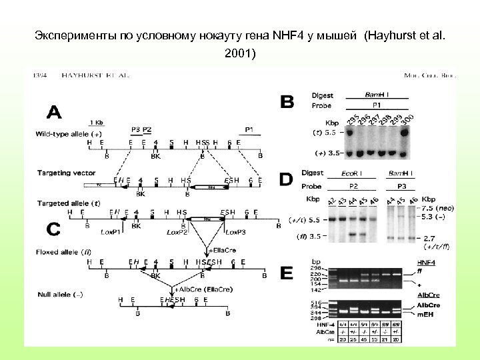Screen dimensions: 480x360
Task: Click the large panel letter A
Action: (53, 111)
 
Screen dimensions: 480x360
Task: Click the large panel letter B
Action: (287, 102)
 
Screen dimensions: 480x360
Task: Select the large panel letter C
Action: (53, 229)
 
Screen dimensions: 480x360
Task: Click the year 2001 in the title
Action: (239, 53)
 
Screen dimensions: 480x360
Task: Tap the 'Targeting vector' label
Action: (66, 173)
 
